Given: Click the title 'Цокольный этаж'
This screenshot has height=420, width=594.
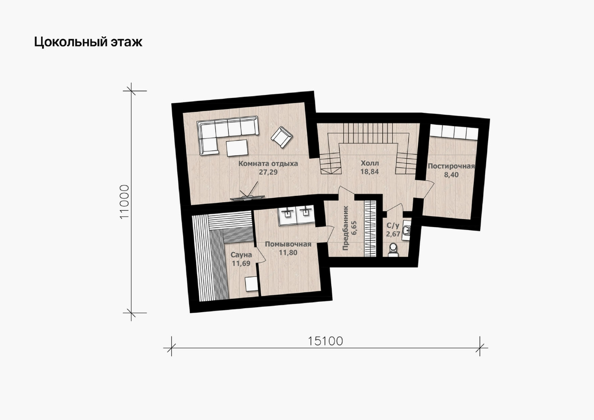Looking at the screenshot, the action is click(88, 42).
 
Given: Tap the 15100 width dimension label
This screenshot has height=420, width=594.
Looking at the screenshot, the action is click(325, 341).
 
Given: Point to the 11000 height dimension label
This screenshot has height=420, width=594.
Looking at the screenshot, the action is click(124, 202).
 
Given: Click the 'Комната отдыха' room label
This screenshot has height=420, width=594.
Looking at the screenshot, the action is click(268, 163).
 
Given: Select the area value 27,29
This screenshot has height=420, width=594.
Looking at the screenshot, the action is click(268, 172).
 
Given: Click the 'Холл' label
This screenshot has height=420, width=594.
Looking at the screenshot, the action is click(370, 163).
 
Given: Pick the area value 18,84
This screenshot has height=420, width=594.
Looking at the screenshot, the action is click(369, 172).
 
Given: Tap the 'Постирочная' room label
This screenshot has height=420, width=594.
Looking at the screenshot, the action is click(451, 166).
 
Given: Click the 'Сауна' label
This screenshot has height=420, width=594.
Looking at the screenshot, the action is click(241, 255).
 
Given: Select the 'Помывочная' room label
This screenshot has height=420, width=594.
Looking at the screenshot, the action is click(288, 244).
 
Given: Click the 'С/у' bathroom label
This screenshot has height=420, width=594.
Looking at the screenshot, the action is click(393, 226).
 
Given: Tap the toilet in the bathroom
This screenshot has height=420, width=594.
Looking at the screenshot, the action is click(393, 250).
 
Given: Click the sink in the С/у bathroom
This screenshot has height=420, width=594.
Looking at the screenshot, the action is click(406, 231).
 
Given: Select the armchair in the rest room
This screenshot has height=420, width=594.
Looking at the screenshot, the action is click(282, 137).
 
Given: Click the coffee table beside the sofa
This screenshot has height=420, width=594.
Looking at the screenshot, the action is click(237, 148).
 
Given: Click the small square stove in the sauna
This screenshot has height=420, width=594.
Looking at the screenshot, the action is click(251, 284).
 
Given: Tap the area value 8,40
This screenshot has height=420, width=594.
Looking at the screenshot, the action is click(451, 175).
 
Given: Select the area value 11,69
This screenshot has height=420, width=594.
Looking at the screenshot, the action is click(241, 264).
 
